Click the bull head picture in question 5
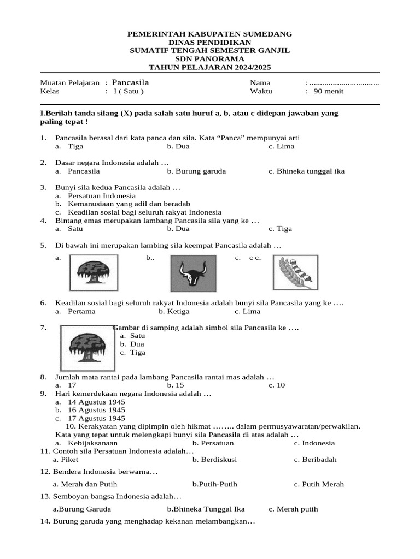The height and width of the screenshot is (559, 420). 195,272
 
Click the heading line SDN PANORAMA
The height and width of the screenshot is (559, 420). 209,58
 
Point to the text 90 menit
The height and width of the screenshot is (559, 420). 329,91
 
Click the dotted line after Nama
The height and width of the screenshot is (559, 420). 344,82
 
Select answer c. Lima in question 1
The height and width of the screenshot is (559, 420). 282,146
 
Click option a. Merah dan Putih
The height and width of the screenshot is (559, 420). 85,484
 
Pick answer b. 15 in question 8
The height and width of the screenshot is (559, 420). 176,385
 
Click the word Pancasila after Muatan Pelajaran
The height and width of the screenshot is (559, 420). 130,82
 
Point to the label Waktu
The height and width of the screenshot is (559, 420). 261,91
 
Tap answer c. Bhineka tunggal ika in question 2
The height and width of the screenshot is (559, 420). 306,171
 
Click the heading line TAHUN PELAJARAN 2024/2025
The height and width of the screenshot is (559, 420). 209,67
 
